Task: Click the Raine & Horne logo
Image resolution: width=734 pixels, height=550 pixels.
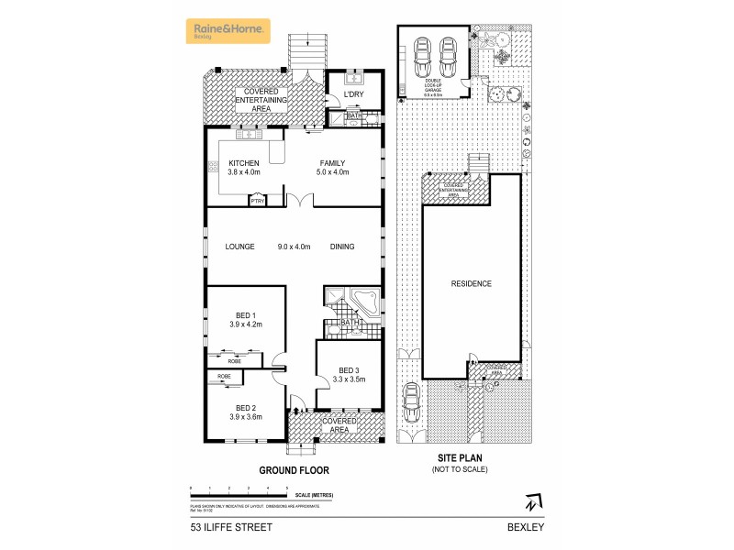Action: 228,31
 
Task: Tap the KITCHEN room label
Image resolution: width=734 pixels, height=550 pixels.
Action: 232,162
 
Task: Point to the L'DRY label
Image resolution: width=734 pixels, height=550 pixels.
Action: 354,96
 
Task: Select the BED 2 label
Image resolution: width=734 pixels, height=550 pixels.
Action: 245,407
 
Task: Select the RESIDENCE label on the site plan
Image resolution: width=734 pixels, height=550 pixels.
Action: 471,283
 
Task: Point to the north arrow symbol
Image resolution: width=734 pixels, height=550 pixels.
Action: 532,502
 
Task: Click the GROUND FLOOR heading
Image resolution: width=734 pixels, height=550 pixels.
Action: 294,470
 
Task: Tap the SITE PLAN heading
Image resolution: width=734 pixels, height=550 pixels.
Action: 460,459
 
